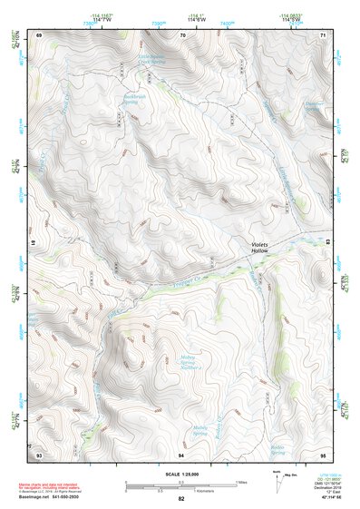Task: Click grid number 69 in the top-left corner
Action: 39,34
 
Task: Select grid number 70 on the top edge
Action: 183,34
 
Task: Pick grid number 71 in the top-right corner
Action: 323,34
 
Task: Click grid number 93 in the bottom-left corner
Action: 39,453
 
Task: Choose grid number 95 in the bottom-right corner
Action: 323,453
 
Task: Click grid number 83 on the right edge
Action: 325,242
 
